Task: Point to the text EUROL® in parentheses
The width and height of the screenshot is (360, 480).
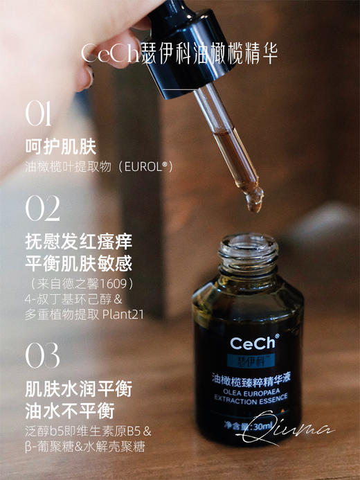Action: [147, 167]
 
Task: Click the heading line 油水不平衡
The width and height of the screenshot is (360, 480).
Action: [68, 410]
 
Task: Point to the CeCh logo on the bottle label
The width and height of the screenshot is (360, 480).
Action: [255, 343]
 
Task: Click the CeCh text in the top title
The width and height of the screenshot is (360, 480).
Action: [111, 54]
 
